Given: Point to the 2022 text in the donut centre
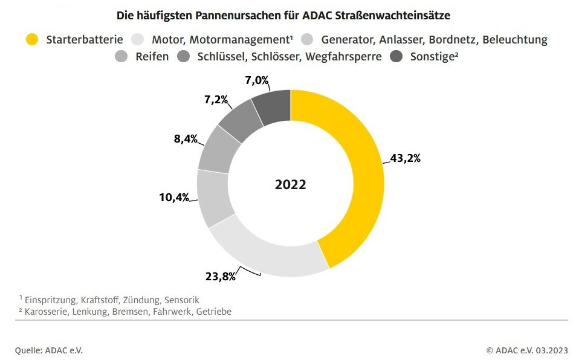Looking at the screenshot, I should tap(290, 185).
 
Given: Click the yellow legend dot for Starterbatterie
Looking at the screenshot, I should tap(33, 40).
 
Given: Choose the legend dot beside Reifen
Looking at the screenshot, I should tap(121, 57).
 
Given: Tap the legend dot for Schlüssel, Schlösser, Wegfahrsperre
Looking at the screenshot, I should tap(184, 57).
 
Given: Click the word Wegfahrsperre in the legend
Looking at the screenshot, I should tap(344, 57).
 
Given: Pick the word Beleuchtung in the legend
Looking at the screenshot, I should tap(515, 40).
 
